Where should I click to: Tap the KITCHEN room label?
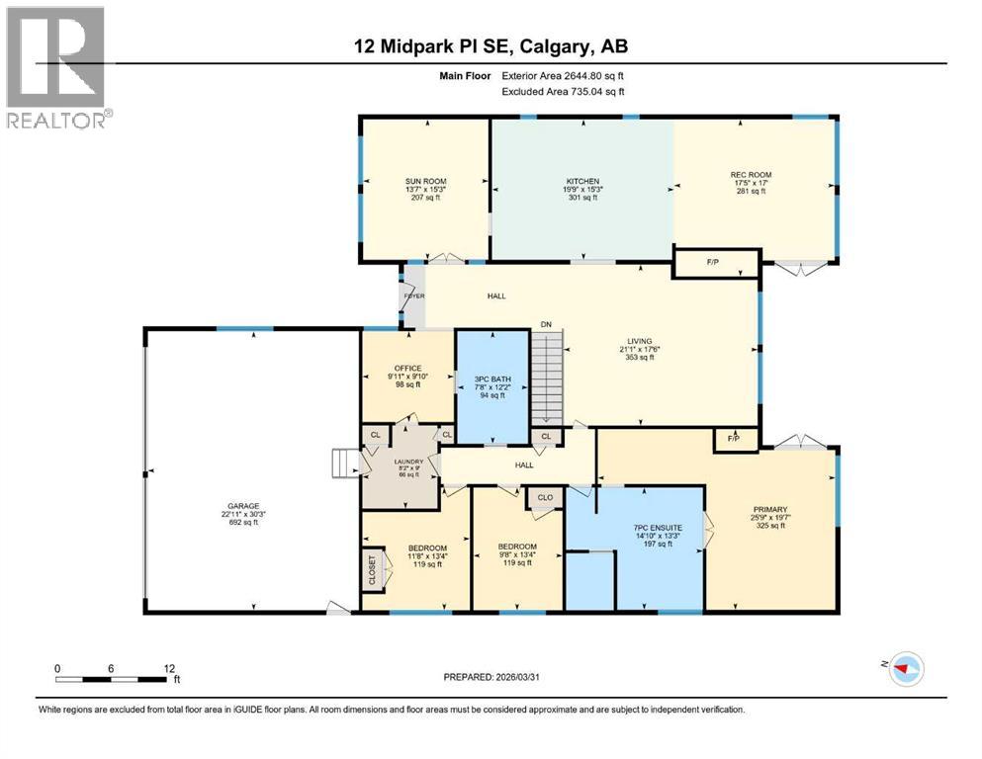(583, 182)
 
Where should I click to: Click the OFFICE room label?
(407, 368)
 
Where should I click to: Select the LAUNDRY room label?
(408, 462)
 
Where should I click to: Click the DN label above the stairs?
(545, 323)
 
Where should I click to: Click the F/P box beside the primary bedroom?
(735, 438)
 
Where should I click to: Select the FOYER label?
(412, 296)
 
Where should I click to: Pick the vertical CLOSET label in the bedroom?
(373, 570)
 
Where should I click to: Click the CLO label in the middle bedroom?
(545, 497)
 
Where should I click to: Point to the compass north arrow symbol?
(904, 670)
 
